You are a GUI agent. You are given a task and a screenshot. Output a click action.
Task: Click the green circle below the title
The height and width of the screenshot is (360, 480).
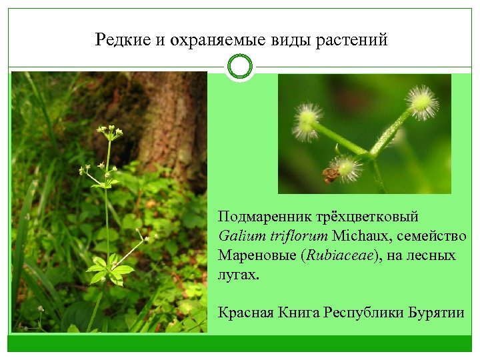[239, 67]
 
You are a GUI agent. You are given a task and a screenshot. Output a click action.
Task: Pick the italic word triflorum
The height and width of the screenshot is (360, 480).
[297, 236]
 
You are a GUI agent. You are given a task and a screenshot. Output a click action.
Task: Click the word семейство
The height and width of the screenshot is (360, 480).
[432, 236]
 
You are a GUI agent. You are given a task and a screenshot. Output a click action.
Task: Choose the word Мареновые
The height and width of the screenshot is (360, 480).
[256, 255]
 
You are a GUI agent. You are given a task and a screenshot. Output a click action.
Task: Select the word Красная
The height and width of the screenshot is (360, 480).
[246, 311]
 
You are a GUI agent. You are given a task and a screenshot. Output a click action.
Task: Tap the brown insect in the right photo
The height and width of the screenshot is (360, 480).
[330, 175]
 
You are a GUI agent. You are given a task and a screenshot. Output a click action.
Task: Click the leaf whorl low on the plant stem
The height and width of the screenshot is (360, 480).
[109, 270]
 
